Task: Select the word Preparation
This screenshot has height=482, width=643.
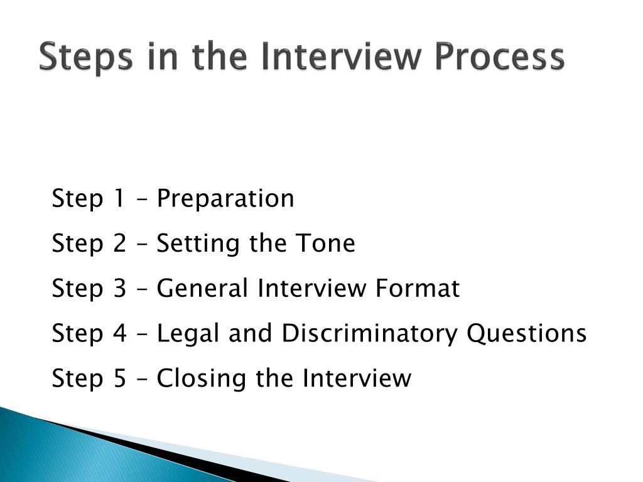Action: [x=225, y=199]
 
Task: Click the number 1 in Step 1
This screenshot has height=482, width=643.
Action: [x=119, y=199]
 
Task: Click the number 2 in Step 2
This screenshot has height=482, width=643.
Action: [x=120, y=244]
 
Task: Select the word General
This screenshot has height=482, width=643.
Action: [x=203, y=289]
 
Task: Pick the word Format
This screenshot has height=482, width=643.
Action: [x=418, y=289]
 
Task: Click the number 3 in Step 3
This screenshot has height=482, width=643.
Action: [x=120, y=289]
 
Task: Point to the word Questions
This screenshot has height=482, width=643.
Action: [x=526, y=334]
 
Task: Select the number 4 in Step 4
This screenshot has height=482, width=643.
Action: [x=120, y=334]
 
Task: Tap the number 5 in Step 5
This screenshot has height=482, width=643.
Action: [x=120, y=378]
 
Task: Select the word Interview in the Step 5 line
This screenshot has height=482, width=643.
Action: [x=357, y=378]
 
